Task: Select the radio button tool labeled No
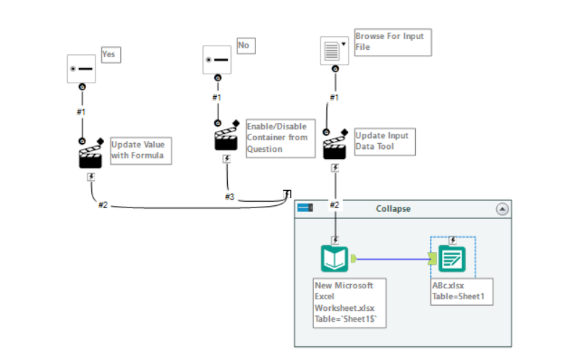(x=216, y=59)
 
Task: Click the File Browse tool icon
(x=334, y=51)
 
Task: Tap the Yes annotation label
(x=111, y=54)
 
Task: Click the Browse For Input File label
(x=392, y=42)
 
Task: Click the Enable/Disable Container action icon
(x=226, y=138)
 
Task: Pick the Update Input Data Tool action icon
(x=334, y=147)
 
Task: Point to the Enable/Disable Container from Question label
(x=280, y=137)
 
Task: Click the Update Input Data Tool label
(x=385, y=140)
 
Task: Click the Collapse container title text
(x=393, y=209)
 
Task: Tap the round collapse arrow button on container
(x=502, y=209)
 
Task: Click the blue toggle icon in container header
(x=305, y=208)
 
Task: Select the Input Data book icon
(x=334, y=259)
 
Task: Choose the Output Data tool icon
(x=453, y=259)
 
